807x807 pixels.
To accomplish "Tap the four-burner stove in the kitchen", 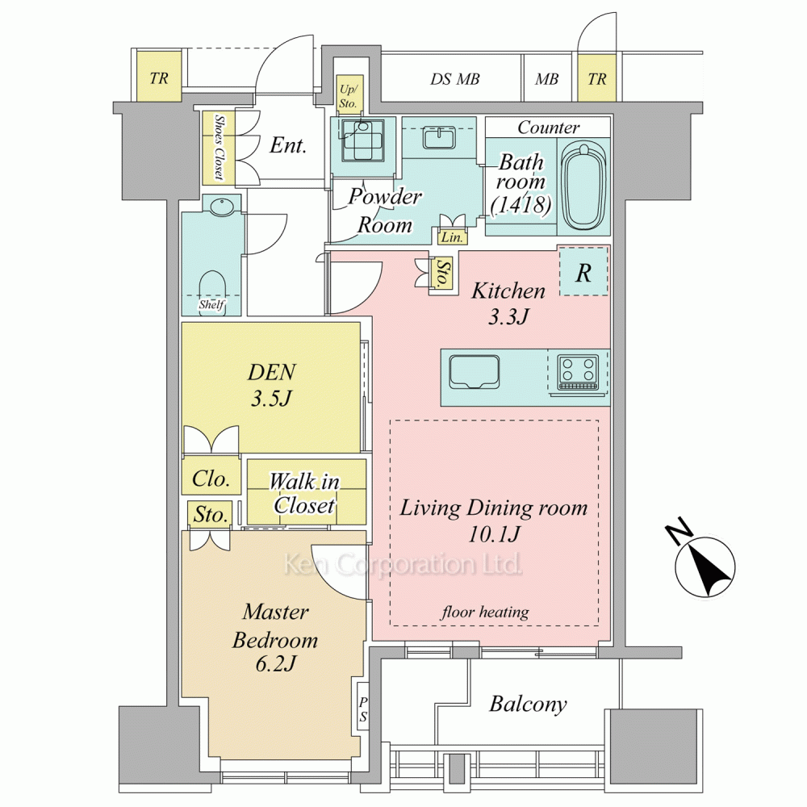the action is coord(578,371).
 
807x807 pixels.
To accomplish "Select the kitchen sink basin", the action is coord(474,371).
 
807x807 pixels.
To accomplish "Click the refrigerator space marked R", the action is coord(583,272).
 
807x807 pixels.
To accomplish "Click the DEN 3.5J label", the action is coord(271,385).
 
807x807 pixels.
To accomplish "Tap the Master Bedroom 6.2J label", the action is coord(275,638).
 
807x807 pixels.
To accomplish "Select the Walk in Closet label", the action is coord(304,494).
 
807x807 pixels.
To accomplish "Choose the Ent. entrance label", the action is coord(288,145).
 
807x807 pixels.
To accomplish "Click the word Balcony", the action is coord(528,704).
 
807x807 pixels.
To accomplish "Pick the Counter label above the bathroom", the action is coord(549,128).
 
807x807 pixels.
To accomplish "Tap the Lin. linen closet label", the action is coord(452,237).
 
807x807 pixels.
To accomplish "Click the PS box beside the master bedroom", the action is coord(363,709).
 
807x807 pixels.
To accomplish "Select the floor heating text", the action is coord(485,612).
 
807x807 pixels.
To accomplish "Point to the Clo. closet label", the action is coord(211,479).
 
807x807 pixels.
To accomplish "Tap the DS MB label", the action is coord(455,79).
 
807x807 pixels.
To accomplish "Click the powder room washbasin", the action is coord(438,137).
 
